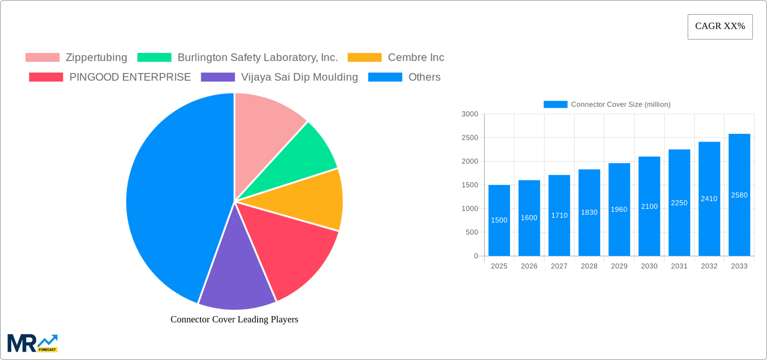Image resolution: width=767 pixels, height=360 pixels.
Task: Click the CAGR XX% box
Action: pos(720,26)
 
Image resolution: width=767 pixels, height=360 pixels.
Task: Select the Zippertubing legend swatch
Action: pos(42,58)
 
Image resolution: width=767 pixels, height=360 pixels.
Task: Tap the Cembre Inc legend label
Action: pos(416,58)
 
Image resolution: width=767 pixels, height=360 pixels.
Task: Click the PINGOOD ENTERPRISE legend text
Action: pos(130,77)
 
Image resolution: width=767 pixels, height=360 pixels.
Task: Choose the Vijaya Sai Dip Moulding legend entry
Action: pos(299,77)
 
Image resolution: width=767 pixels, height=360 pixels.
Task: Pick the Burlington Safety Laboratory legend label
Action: pos(257,58)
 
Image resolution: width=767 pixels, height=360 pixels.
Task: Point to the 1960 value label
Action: pos(619,209)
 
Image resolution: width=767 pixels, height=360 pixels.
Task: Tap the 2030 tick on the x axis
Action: pos(649,266)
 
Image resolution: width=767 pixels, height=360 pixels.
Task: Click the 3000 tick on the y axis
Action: pos(470,114)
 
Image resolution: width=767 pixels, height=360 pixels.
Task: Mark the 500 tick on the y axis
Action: pos(472,232)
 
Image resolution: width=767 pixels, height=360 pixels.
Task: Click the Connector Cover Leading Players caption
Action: pos(234,319)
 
